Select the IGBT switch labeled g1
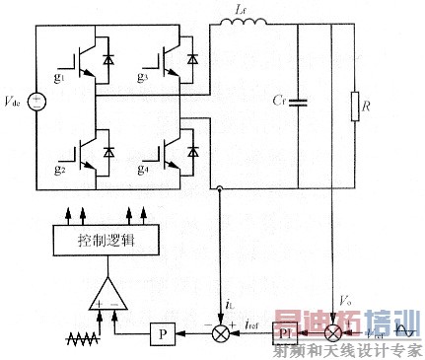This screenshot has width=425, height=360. coord(80,54)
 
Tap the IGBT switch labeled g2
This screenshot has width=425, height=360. coord(80,149)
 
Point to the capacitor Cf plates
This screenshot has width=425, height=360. coord(299,101)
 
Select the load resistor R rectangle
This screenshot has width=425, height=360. coord(351,103)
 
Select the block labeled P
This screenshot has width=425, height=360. coord(162,335)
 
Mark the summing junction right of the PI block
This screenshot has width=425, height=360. coord(338,335)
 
